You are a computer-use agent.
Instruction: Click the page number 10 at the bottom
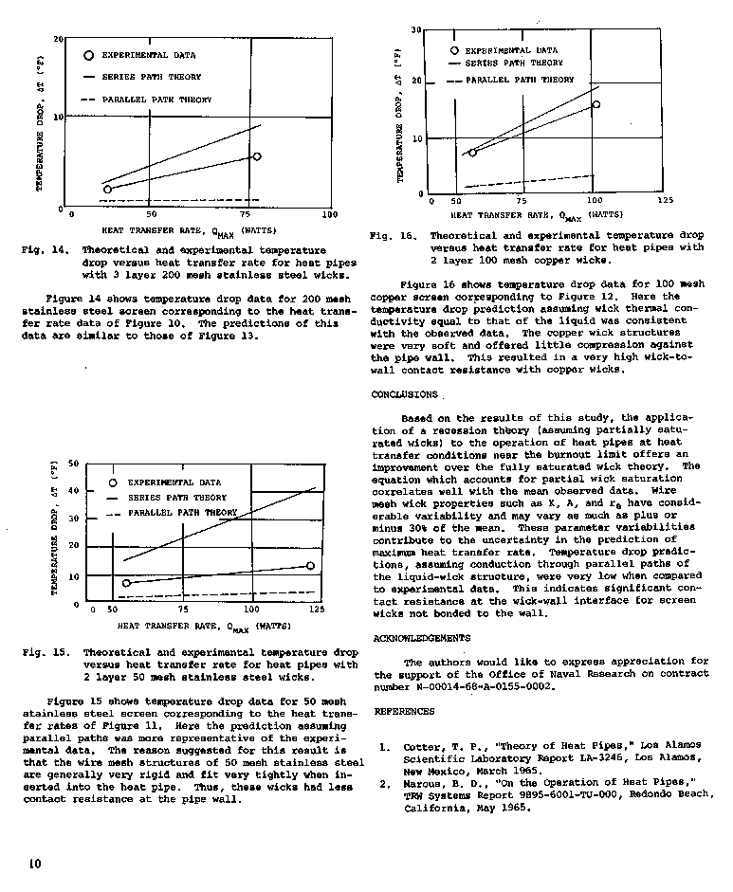34,863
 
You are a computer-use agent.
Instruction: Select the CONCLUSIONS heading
404,393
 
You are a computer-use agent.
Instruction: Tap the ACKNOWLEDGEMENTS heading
421,638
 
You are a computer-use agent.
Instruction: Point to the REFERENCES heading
404,710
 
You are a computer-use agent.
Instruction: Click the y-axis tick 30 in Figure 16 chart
415,30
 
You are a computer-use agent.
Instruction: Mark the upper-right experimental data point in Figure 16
596,104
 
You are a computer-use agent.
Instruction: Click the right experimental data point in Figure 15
310,566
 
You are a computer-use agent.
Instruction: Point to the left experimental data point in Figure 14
107,189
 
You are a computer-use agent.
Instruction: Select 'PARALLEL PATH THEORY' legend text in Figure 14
156,100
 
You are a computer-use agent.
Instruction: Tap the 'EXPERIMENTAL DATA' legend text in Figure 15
174,482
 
